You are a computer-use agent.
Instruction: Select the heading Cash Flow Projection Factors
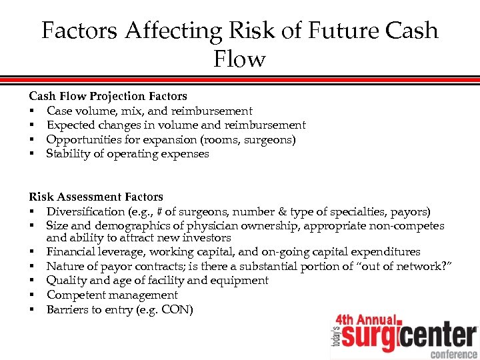[108, 96]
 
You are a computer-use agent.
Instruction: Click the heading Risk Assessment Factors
[96, 197]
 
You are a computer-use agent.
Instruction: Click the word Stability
[69, 153]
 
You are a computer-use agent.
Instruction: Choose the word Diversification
[85, 211]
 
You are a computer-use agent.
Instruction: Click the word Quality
[66, 280]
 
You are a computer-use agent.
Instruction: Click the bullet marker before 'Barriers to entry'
[31, 309]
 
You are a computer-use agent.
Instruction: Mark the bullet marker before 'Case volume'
[31, 111]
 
